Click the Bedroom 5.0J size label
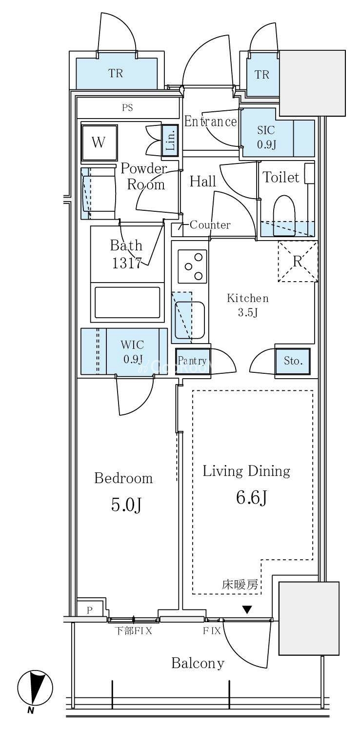pos(126,505)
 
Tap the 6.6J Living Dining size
pos(252,498)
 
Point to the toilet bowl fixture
pos(284,216)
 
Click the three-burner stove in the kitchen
pos(192,266)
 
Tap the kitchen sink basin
pos(190,320)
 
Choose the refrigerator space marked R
pos(298,262)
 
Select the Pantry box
pos(192,361)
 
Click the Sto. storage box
pos(292,361)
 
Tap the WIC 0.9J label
pos(132,352)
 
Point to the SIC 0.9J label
pos(266,137)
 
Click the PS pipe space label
pos(127,107)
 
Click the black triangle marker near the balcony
pos(247,609)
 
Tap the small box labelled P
pos(90,610)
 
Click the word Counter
pos(210,225)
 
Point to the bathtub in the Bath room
pos(127,302)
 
